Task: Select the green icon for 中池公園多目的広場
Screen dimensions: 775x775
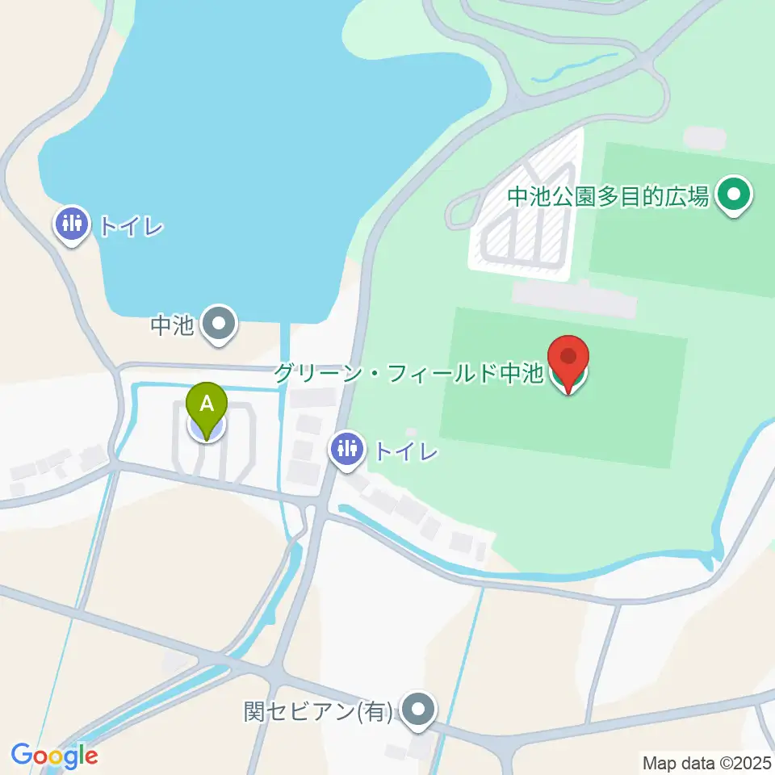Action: click(735, 195)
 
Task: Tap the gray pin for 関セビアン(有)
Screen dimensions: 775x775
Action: click(417, 710)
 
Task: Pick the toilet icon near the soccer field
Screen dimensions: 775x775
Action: click(348, 448)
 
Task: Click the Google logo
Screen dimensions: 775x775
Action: click(54, 755)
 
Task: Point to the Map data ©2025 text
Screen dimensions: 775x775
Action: click(706, 761)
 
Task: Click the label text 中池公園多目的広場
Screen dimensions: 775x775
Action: click(609, 195)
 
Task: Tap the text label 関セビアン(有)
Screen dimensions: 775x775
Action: click(318, 711)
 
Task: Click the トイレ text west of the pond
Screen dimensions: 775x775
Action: click(131, 225)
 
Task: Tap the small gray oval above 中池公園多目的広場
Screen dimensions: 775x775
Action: click(703, 137)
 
